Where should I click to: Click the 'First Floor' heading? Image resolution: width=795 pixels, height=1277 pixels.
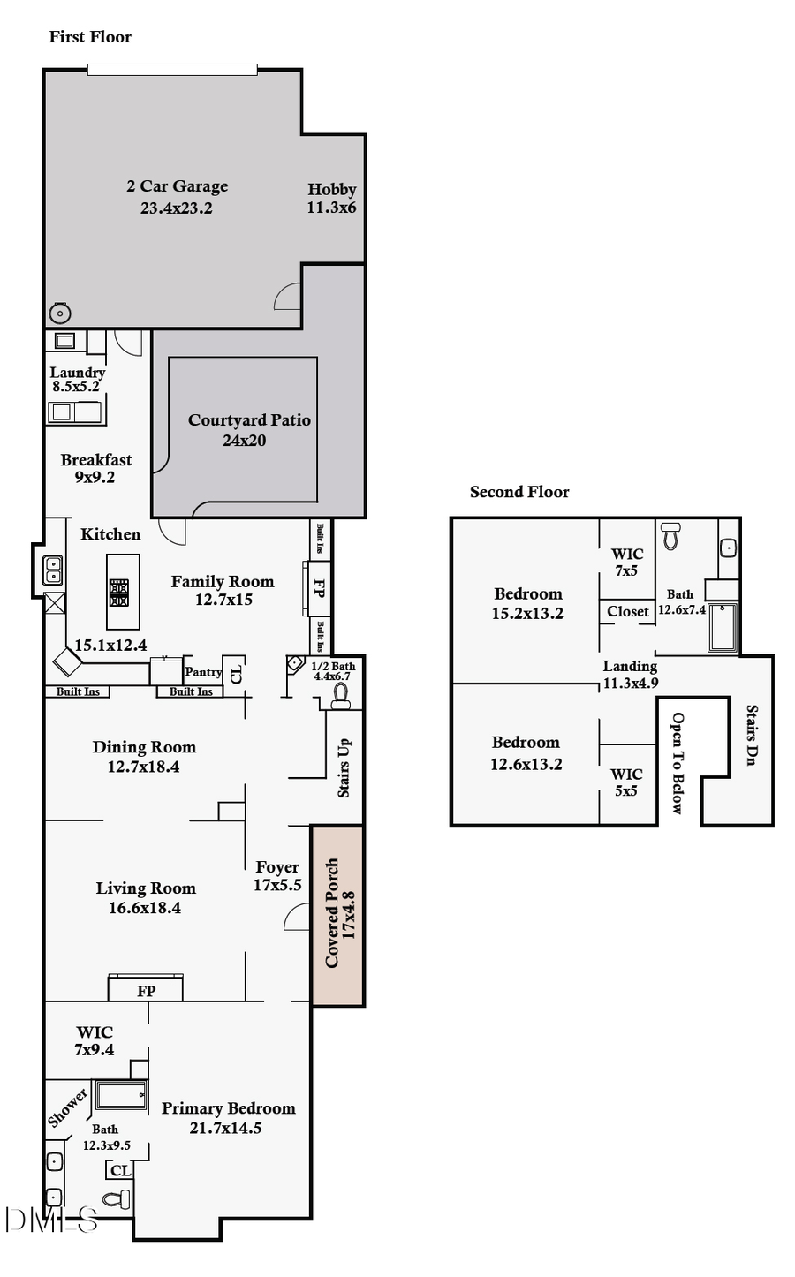pyautogui.click(x=90, y=37)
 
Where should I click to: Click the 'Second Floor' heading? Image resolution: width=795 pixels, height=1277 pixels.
pyautogui.click(x=519, y=492)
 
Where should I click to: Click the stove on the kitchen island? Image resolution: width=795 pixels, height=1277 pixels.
pyautogui.click(x=119, y=592)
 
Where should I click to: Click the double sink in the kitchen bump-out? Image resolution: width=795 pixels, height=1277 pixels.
pyautogui.click(x=54, y=570)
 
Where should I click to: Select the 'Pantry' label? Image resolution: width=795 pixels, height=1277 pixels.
pyautogui.click(x=202, y=672)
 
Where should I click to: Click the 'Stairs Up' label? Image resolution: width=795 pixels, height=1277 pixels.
pyautogui.click(x=344, y=767)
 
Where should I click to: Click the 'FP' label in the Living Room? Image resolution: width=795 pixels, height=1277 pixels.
pyautogui.click(x=147, y=991)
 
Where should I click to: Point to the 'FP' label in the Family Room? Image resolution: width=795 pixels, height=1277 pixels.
pyautogui.click(x=319, y=587)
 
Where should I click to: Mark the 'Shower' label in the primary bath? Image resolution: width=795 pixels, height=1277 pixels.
pyautogui.click(x=68, y=1107)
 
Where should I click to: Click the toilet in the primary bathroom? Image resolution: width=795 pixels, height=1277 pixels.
pyautogui.click(x=117, y=1199)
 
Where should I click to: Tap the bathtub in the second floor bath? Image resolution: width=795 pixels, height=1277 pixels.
pyautogui.click(x=722, y=627)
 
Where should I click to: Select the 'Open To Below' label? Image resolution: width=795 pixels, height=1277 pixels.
pyautogui.click(x=678, y=762)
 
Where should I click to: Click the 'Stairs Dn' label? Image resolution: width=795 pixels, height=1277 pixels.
pyautogui.click(x=752, y=735)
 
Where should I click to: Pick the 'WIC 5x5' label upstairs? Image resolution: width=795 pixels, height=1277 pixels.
pyautogui.click(x=626, y=782)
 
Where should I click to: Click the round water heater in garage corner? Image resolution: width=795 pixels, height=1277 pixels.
pyautogui.click(x=60, y=313)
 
